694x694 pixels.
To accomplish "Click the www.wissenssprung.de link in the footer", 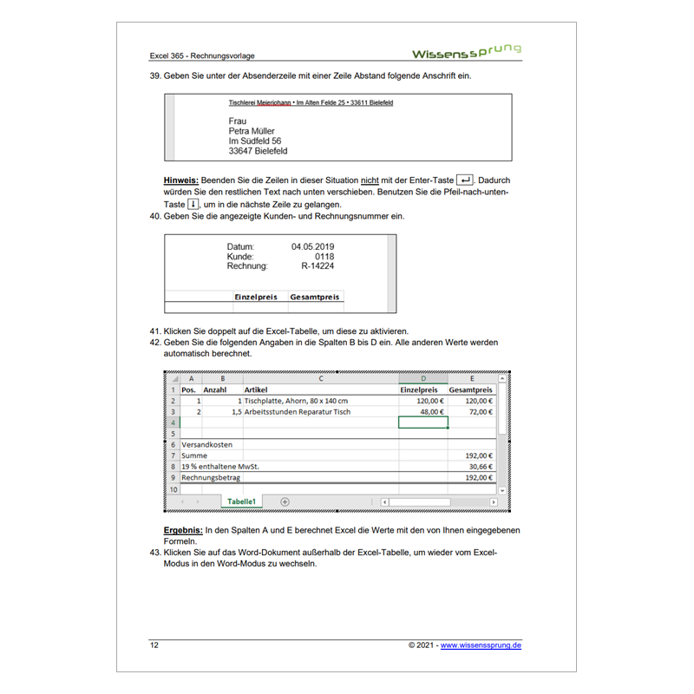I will (x=481, y=645).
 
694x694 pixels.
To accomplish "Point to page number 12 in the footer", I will (x=154, y=645).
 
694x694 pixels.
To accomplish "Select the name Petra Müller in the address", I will (x=252, y=131).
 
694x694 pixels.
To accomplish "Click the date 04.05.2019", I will (x=312, y=247).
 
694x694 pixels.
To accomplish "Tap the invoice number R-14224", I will (x=318, y=266).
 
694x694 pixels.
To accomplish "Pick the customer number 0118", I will (x=324, y=257).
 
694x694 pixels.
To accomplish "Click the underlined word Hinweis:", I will (x=182, y=180).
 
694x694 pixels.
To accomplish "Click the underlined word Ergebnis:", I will (x=183, y=529).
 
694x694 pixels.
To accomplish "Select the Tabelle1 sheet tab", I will (x=241, y=501).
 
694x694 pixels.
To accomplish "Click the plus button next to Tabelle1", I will (x=285, y=501).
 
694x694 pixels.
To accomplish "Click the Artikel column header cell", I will (x=256, y=390).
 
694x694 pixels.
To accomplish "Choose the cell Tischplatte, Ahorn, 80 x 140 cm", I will (x=296, y=401).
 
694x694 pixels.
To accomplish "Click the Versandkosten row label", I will (x=206, y=444).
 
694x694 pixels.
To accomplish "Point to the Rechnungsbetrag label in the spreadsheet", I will (x=210, y=477).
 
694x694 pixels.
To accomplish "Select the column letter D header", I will (x=422, y=378).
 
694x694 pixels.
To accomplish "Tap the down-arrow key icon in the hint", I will (x=193, y=204).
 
